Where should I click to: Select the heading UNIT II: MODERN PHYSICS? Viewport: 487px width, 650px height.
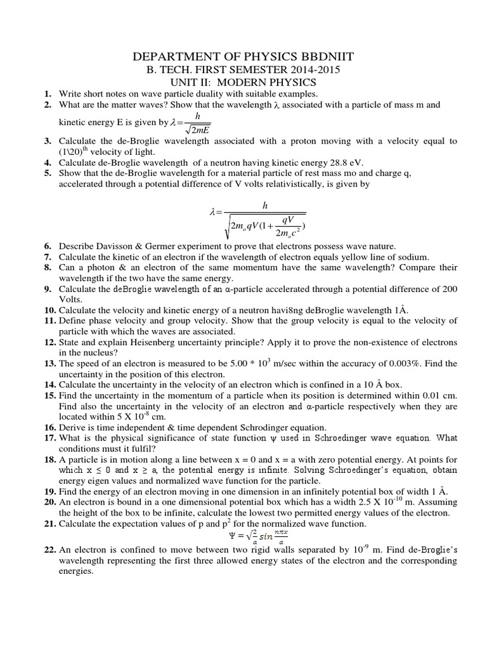(x=243, y=83)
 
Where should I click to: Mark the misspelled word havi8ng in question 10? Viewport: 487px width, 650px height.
(x=273, y=310)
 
